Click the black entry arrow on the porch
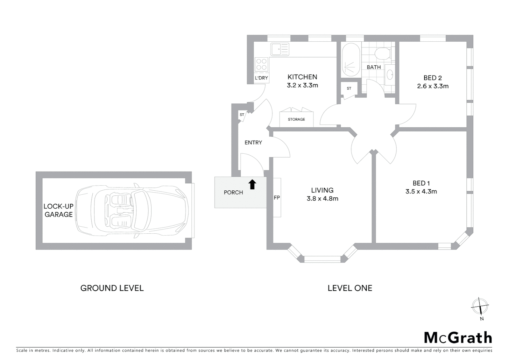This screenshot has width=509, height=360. [252, 184]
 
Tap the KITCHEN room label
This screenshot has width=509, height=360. [302, 77]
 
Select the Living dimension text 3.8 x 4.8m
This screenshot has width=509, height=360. [322, 199]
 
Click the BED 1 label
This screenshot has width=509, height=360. [421, 183]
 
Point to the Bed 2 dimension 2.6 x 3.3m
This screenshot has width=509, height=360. [433, 86]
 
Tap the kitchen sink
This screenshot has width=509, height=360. [279, 49]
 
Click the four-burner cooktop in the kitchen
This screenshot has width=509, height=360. [261, 64]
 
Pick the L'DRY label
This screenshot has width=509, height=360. [261, 78]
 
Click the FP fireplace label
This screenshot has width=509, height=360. [276, 198]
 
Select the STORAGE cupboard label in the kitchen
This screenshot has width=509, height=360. [296, 119]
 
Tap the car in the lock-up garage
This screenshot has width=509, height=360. [132, 210]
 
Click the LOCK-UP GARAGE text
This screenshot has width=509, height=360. [59, 210]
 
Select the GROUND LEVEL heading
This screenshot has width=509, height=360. [112, 288]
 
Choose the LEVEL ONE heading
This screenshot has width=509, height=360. [350, 288]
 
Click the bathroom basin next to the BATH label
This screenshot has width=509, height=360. [389, 74]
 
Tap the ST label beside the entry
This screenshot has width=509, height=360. [242, 115]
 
